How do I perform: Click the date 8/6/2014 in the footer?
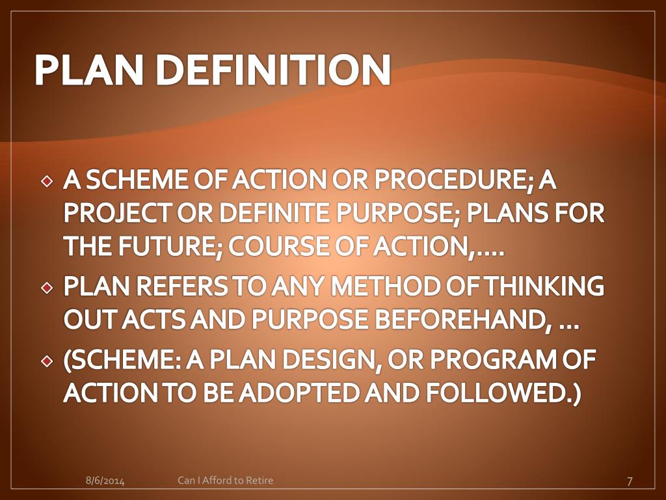(105, 481)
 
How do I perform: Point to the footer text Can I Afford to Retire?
(226, 480)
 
